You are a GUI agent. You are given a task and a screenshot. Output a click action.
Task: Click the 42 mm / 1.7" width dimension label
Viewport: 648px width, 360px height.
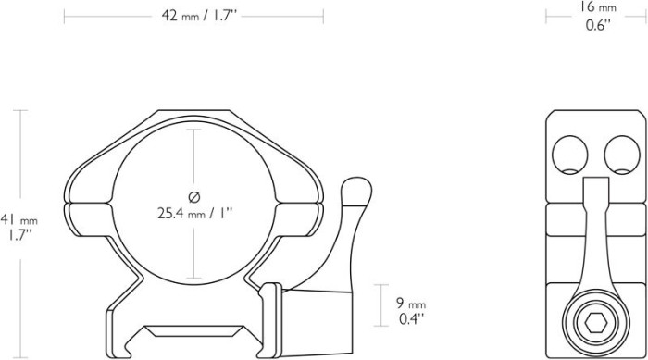[x=193, y=17]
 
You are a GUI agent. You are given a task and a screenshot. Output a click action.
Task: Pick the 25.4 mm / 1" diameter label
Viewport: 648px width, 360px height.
[x=194, y=212]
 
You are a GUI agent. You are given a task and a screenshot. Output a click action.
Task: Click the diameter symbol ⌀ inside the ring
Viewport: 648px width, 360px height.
[x=193, y=195]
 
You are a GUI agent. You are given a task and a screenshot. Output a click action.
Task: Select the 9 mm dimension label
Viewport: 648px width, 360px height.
[x=411, y=303]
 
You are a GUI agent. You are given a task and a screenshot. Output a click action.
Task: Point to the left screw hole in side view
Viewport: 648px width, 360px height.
[x=571, y=155]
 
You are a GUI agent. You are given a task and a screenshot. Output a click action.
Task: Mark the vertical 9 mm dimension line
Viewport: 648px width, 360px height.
[x=381, y=305]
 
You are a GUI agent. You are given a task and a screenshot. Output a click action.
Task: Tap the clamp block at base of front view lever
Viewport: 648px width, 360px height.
[x=316, y=316]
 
